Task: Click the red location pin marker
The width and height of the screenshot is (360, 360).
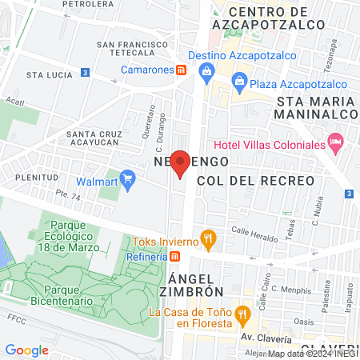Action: pos(181,162)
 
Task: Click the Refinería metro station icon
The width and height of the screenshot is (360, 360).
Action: pos(175,256)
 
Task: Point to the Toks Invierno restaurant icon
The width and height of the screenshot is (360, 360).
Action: pos(208,238)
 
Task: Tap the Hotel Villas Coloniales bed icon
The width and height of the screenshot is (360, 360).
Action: pos(337,145)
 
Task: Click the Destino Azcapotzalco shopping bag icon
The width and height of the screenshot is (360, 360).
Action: pos(207,70)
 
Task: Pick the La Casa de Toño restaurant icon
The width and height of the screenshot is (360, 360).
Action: pos(242,313)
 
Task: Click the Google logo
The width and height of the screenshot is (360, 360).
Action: pos(26,350)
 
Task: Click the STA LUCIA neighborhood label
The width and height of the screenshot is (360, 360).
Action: pos(45,74)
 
